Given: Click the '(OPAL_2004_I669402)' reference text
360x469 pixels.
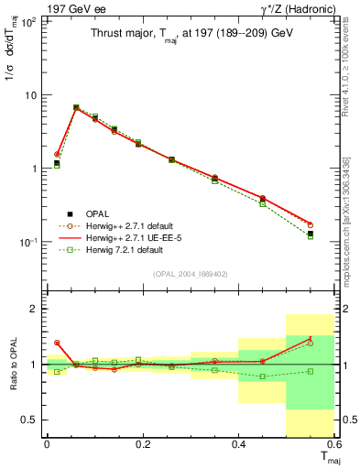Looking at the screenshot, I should click(191, 274).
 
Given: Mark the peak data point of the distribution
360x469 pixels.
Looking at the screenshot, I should click(76, 107).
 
